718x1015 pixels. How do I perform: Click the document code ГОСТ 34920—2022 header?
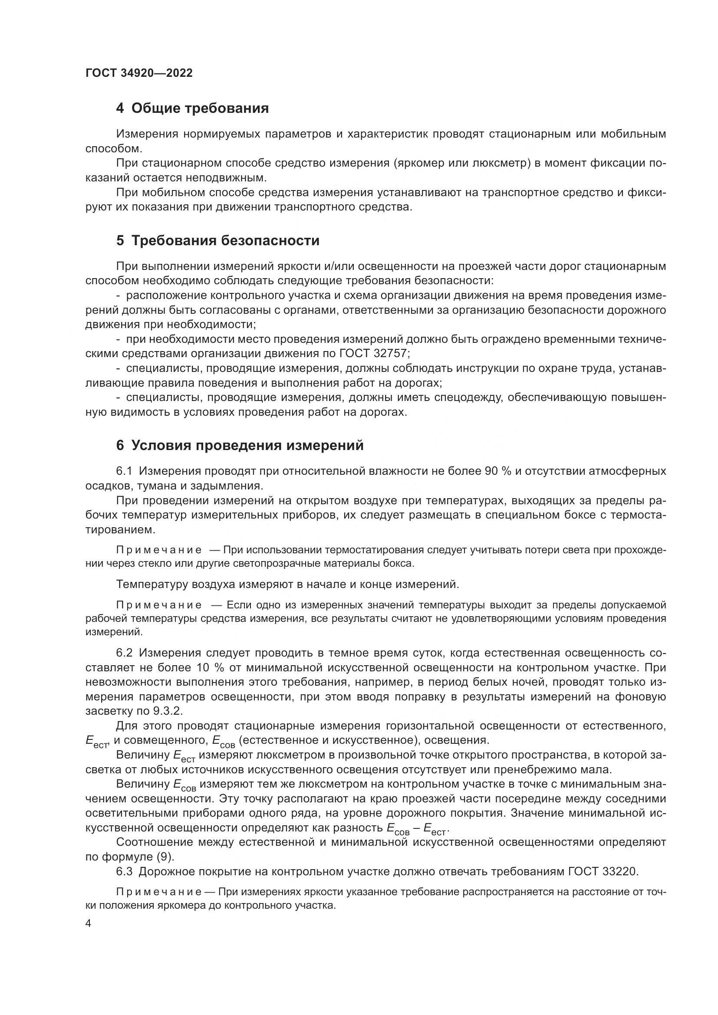point(139,73)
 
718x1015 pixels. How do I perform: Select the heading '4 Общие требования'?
point(192,108)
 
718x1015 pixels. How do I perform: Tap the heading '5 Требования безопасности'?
point(217,241)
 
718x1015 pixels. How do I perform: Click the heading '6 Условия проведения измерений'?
point(240,446)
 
